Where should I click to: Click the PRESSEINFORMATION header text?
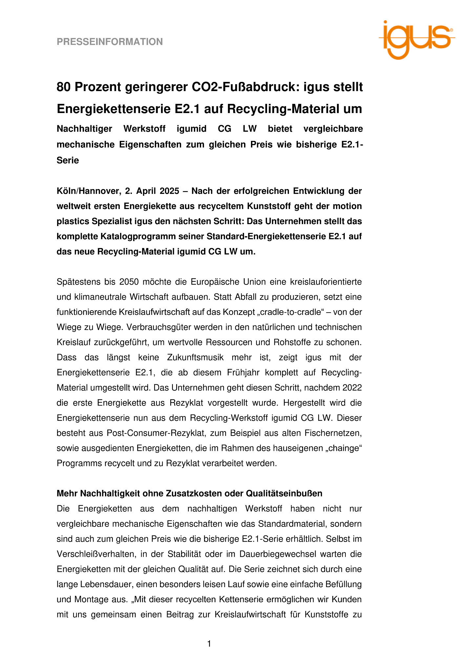pos(110,42)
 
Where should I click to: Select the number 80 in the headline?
pos(64,87)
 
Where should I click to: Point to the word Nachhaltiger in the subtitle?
pos(84,129)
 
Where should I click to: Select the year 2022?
pos(352,388)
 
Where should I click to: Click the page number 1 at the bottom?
pos(209,644)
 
